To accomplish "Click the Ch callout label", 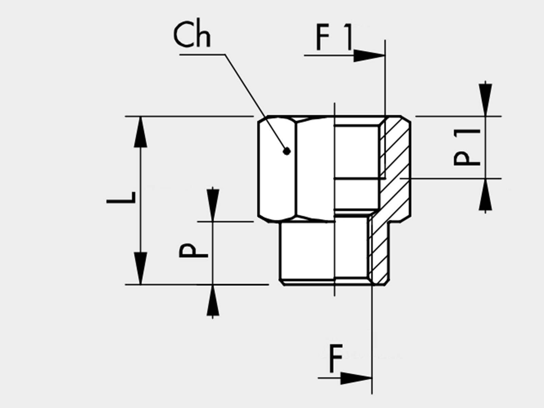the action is coord(192,35).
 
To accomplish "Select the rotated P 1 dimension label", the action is coord(467,148).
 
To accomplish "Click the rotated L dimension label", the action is coord(121,198).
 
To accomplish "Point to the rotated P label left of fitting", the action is coord(193,251).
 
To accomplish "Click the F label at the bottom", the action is coord(336,358).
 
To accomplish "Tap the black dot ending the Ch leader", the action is coord(287,151).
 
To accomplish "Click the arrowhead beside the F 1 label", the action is coord(369,55).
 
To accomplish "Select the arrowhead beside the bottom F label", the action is coord(356,378).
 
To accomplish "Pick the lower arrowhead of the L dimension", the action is coord(140,268).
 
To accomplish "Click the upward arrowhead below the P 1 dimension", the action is coord(485,194).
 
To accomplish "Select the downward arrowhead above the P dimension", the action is coord(213,205).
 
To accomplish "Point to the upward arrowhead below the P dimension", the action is coord(213,300).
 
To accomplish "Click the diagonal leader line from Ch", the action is coord(256,102).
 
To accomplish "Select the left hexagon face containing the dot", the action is coord(277,168).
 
